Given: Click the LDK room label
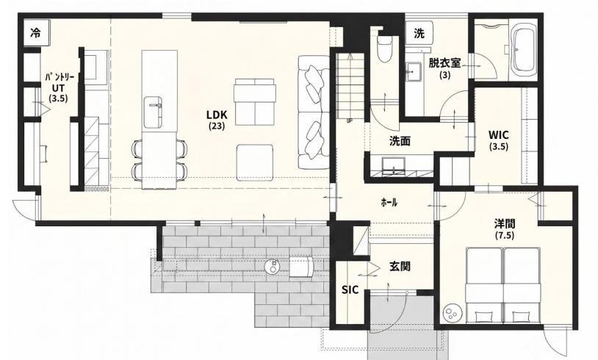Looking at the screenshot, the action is (x=217, y=115).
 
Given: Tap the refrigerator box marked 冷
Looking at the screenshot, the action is (x=35, y=33).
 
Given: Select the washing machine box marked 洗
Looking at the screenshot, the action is (x=419, y=34).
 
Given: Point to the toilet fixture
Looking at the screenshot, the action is (x=384, y=48).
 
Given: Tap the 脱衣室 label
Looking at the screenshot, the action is (x=444, y=62).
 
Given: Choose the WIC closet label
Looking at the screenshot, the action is (x=499, y=135).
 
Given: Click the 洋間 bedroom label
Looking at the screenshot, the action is (x=505, y=223).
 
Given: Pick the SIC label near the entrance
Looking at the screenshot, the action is (x=350, y=290).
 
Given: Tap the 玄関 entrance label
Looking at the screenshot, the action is (x=400, y=266).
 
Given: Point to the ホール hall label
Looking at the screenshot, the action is (x=389, y=203).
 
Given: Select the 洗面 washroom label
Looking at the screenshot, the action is (x=400, y=142).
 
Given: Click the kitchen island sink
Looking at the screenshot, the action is (x=153, y=112).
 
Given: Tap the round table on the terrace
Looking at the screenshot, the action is (x=273, y=266).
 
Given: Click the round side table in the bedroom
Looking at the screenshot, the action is (x=453, y=313).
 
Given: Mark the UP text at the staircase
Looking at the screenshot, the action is (x=350, y=121).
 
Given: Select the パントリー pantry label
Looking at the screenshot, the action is (x=60, y=77).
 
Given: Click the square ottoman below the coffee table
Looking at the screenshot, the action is (x=254, y=162).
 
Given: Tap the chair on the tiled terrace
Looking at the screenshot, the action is (x=301, y=267).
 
